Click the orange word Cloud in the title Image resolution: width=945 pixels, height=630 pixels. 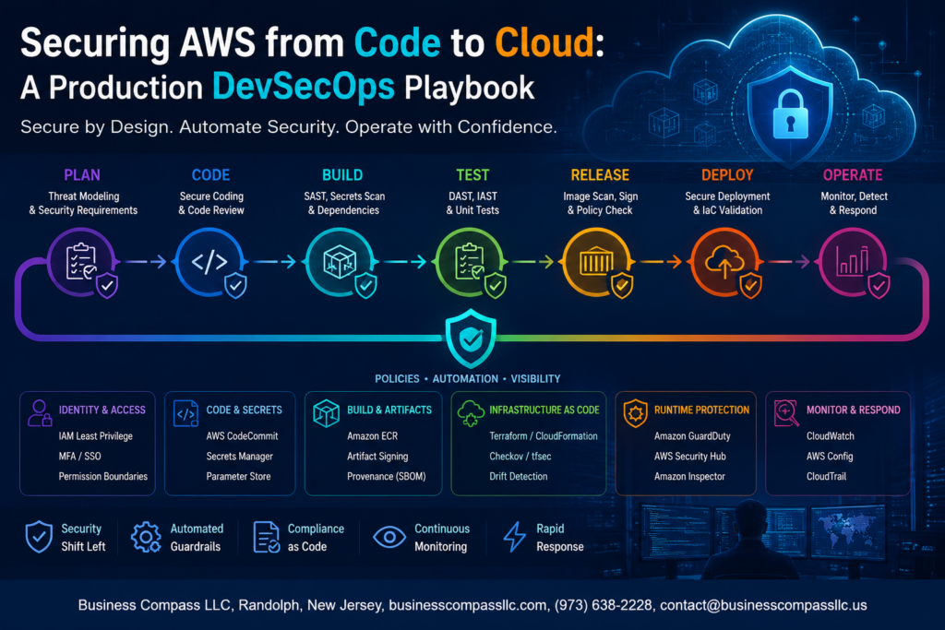544,42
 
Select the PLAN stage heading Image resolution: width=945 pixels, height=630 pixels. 82,175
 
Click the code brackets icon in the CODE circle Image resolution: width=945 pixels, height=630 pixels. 209,261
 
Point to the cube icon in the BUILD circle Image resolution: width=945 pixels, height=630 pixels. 340,262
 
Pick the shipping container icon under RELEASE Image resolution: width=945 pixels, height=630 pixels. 596,261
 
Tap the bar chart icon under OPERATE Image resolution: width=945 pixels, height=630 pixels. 852,261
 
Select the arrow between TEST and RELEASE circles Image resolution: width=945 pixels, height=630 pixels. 532,261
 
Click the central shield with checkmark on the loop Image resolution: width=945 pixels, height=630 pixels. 471,338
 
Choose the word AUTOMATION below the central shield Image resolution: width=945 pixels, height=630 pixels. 465,379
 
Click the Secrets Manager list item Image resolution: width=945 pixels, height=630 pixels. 239,457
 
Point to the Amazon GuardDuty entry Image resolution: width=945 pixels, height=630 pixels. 692,436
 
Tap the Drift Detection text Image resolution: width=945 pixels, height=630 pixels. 519,476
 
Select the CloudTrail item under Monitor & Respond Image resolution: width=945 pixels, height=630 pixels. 826,476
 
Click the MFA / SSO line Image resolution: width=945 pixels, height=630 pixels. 79,457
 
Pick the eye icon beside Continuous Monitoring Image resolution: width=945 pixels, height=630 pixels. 389,537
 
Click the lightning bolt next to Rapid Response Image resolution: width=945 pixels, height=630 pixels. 514,537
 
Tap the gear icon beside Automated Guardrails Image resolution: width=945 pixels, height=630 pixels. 146,537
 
